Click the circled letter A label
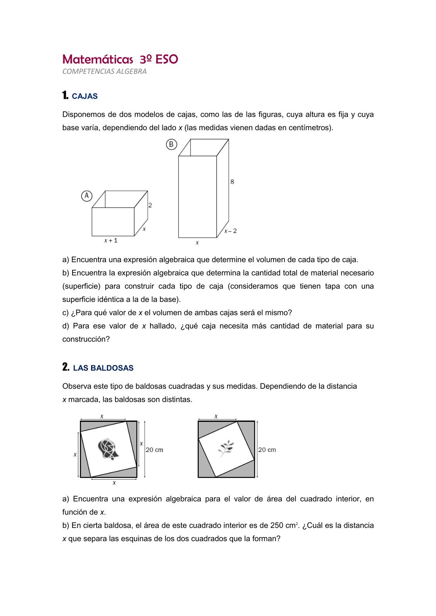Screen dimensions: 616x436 click(x=86, y=196)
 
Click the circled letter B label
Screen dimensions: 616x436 click(x=171, y=144)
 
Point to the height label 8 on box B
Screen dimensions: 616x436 click(x=232, y=181)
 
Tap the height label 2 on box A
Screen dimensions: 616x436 click(x=150, y=205)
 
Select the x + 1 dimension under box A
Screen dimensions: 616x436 click(x=111, y=240)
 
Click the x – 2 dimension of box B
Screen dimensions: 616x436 click(x=231, y=231)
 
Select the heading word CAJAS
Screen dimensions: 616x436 click(x=85, y=96)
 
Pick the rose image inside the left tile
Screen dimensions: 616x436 click(x=108, y=449)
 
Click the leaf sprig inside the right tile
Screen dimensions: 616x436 click(x=226, y=448)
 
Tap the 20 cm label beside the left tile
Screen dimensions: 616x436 click(x=154, y=450)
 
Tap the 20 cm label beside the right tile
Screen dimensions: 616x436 click(x=267, y=450)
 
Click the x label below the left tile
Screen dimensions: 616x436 click(x=114, y=483)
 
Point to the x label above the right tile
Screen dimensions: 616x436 click(x=216, y=416)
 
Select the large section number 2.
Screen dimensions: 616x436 click(x=66, y=367)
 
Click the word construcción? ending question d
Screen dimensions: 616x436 click(x=86, y=339)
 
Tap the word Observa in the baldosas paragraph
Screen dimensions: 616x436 click(x=75, y=386)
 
